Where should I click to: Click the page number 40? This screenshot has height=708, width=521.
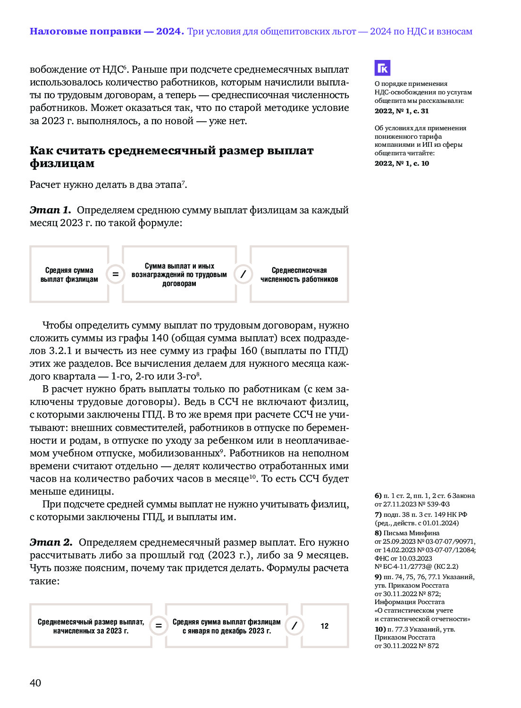[35, 683]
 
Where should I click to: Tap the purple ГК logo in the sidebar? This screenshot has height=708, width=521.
[382, 68]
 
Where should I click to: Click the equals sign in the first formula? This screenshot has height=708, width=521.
[115, 274]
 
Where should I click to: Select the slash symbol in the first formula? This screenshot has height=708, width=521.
[243, 274]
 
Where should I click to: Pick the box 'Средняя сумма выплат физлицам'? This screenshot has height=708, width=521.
[69, 274]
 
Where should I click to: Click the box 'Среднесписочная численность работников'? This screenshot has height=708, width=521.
[299, 274]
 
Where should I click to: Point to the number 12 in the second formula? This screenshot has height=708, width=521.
[325, 626]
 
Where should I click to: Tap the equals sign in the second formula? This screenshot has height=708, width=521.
[159, 626]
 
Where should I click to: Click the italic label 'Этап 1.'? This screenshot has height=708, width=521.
[50, 210]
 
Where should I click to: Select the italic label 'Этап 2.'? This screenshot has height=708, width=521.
[51, 542]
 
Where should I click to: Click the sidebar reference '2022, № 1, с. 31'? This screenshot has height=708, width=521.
[402, 111]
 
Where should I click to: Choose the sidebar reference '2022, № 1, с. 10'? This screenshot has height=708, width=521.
[402, 163]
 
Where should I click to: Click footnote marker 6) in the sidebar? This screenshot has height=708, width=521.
[378, 496]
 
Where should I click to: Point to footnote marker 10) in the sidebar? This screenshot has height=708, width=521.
[380, 629]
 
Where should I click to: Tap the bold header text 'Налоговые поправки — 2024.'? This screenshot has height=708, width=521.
[106, 32]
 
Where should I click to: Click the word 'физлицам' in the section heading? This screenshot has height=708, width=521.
[62, 163]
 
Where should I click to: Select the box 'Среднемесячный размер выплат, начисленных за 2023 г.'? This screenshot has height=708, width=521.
[91, 626]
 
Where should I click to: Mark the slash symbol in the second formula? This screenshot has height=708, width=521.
[294, 626]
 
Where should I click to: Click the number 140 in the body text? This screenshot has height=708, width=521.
[160, 338]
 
